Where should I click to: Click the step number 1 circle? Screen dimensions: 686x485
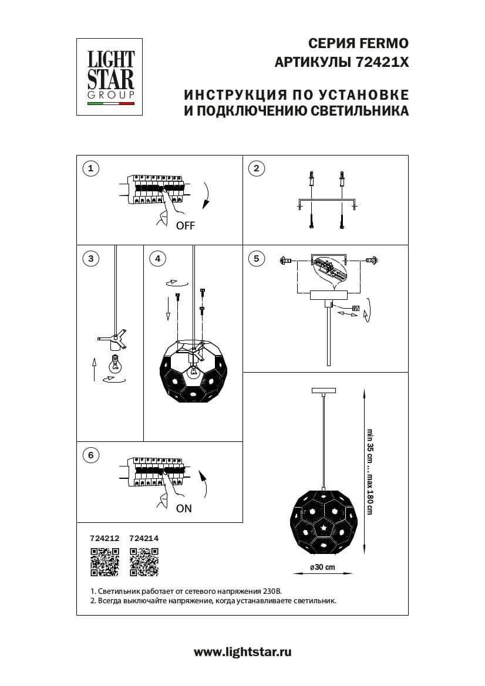pyautogui.click(x=90, y=169)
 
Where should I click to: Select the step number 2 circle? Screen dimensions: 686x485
pyautogui.click(x=255, y=169)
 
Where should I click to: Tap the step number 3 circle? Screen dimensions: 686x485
pyautogui.click(x=90, y=258)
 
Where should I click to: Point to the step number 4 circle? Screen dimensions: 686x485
pyautogui.click(x=157, y=258)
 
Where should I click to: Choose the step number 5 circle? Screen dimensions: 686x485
pyautogui.click(x=255, y=258)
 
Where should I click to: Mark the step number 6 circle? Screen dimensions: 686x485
pyautogui.click(x=90, y=455)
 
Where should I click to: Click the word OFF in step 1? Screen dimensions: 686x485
pyautogui.click(x=185, y=226)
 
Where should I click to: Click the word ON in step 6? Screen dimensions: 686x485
pyautogui.click(x=184, y=509)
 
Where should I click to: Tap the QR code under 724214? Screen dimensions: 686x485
pyautogui.click(x=144, y=561)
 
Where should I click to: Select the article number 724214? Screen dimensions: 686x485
pyautogui.click(x=144, y=537)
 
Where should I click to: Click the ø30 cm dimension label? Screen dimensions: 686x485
pyautogui.click(x=322, y=567)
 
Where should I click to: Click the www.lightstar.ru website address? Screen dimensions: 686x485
pyautogui.click(x=242, y=651)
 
